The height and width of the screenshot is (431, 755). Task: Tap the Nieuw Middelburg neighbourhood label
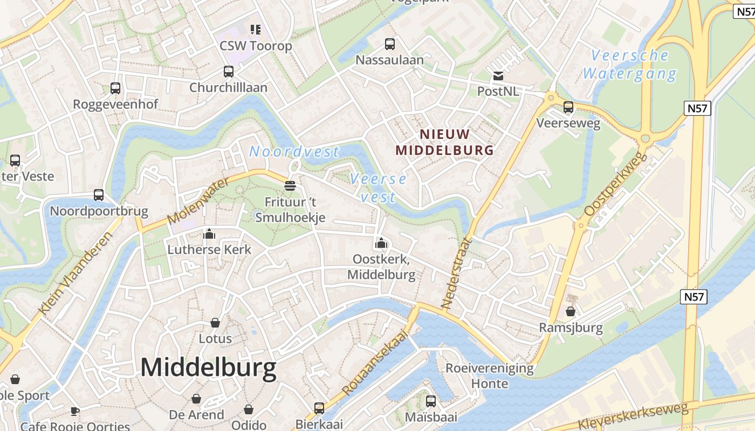click(x=445, y=142)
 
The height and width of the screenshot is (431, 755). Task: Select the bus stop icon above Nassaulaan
click(x=389, y=44)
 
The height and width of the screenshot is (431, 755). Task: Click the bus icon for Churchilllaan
click(x=229, y=72)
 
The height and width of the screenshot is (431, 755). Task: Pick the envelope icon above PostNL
click(x=498, y=76)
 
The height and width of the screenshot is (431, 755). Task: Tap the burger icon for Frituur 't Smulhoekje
click(x=290, y=186)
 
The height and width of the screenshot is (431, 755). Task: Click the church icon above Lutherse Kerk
click(x=209, y=234)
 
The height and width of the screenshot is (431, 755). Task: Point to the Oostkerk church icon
click(x=381, y=243)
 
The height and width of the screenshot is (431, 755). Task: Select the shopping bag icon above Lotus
click(x=215, y=323)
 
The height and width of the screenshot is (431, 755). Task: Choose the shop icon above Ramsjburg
click(x=571, y=311)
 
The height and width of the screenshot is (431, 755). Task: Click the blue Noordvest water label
click(x=294, y=152)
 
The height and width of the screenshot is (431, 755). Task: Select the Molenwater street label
click(x=198, y=202)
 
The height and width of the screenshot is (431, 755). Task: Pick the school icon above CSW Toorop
click(x=255, y=29)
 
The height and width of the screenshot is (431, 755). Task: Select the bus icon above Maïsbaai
click(x=430, y=401)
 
